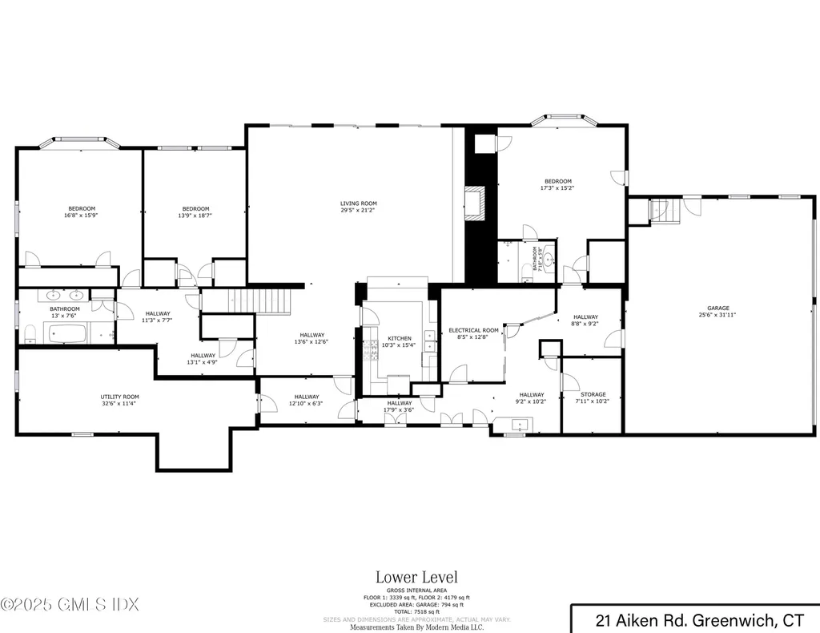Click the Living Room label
click(358, 204)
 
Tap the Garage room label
click(717, 308)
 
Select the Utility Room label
click(119, 397)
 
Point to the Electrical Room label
click(473, 330)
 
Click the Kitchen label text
click(399, 338)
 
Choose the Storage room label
click(593, 394)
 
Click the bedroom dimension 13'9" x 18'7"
click(195, 215)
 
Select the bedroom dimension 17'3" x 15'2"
click(558, 187)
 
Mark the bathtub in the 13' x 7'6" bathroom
click(65, 331)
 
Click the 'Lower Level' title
click(416, 577)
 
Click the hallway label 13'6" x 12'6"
click(312, 341)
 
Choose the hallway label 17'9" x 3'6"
click(399, 409)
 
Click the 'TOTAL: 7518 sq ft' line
click(416, 611)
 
